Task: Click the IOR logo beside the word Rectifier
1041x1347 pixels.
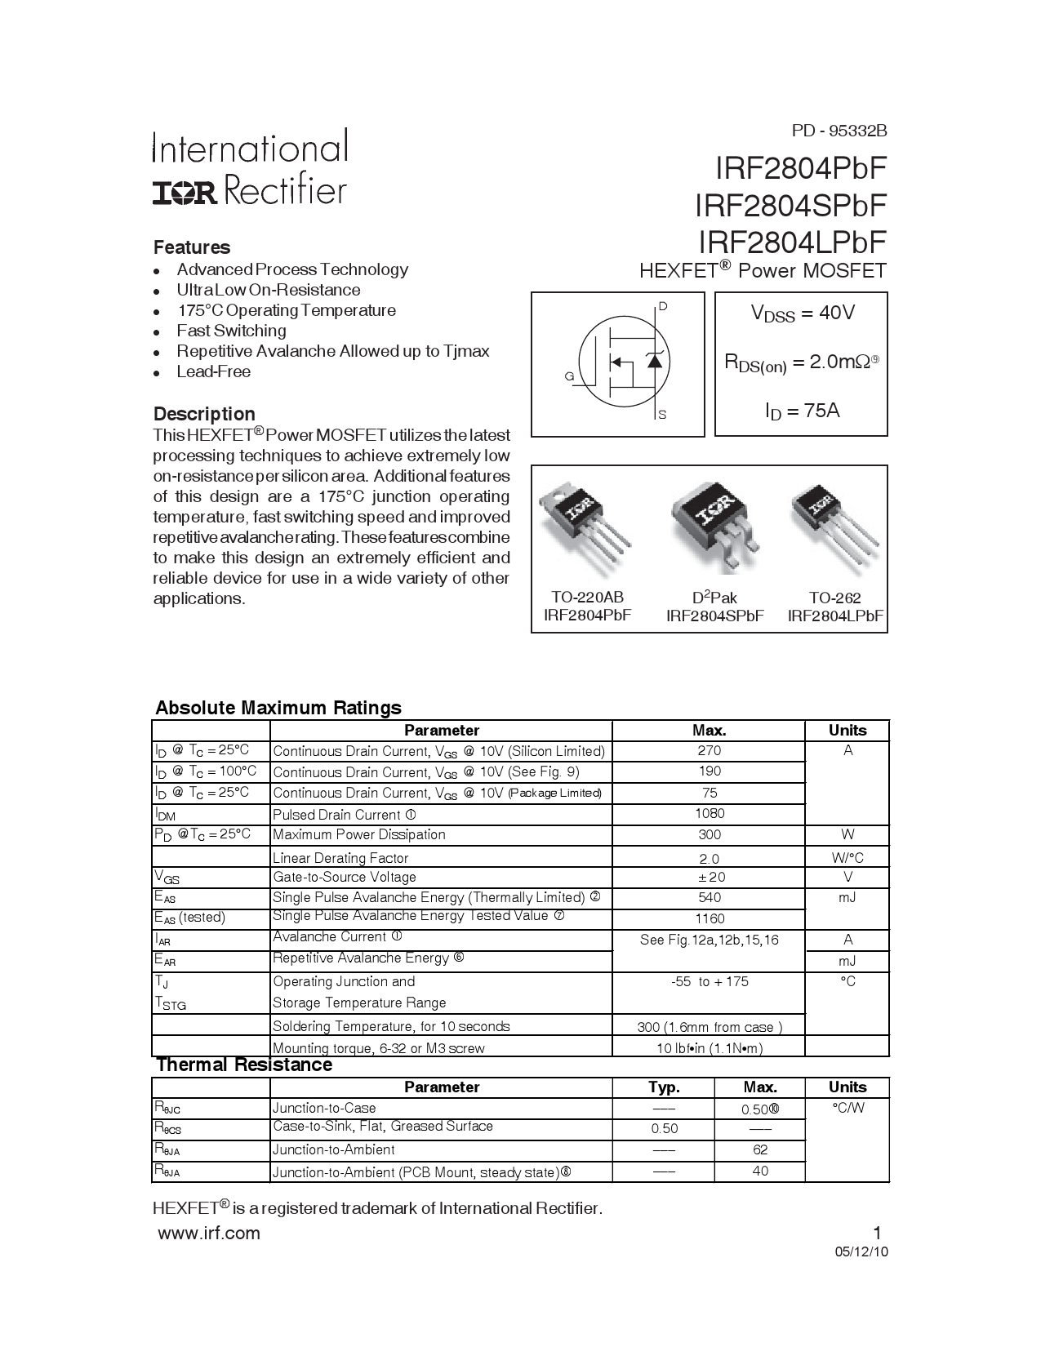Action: [x=185, y=193]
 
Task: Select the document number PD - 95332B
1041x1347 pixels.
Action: [x=839, y=131]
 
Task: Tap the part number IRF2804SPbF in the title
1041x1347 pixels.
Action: [x=790, y=205]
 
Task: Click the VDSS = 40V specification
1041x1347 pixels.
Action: [x=802, y=313]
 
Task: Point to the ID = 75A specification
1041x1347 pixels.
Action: [x=802, y=411]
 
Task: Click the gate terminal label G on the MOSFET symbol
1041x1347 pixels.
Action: [x=569, y=376]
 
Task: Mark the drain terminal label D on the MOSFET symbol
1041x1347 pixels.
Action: [x=663, y=306]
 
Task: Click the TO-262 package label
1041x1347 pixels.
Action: [x=835, y=598]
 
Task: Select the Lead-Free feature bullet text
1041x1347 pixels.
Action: [x=213, y=371]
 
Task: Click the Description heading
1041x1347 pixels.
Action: [x=204, y=414]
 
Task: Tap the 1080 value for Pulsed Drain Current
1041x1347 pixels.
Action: [x=709, y=813]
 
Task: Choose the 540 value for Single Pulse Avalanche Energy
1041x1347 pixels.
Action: [x=709, y=897]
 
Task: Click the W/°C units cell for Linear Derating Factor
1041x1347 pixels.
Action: [x=847, y=857]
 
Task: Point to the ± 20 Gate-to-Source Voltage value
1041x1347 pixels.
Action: [x=709, y=877]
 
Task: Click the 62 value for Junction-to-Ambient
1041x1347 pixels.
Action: [x=759, y=1149]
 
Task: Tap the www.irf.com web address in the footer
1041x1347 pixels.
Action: [x=208, y=1234]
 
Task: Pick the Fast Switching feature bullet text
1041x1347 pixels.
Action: [x=231, y=331]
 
